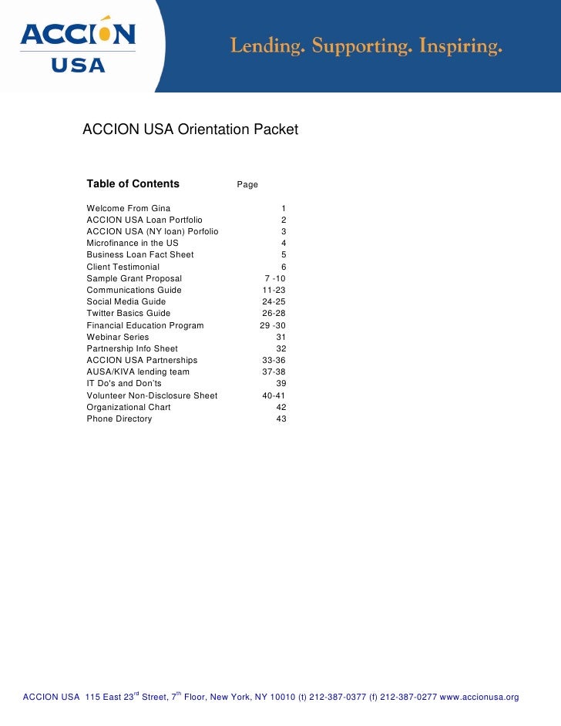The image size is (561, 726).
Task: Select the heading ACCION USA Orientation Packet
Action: (190, 130)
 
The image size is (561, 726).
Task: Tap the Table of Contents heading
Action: (133, 184)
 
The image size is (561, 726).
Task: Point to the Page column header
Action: (247, 185)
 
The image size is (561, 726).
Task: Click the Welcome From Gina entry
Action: (129, 209)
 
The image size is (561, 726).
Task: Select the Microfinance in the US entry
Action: (133, 244)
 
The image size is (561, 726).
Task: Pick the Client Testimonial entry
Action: (123, 267)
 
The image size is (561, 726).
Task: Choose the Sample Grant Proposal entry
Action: (134, 278)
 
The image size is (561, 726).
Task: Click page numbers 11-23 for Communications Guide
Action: (274, 291)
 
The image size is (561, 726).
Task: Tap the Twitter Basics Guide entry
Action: (129, 314)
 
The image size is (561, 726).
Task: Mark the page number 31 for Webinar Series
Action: (280, 338)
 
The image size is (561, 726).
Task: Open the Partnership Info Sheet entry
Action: (132, 349)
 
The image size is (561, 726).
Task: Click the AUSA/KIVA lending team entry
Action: (138, 372)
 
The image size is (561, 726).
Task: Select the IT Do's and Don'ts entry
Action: (124, 384)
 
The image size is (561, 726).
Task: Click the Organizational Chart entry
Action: (129, 408)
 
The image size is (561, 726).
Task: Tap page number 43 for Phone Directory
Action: (280, 419)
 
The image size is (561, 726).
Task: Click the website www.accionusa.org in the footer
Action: (479, 697)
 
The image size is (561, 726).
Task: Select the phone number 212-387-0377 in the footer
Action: (338, 697)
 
